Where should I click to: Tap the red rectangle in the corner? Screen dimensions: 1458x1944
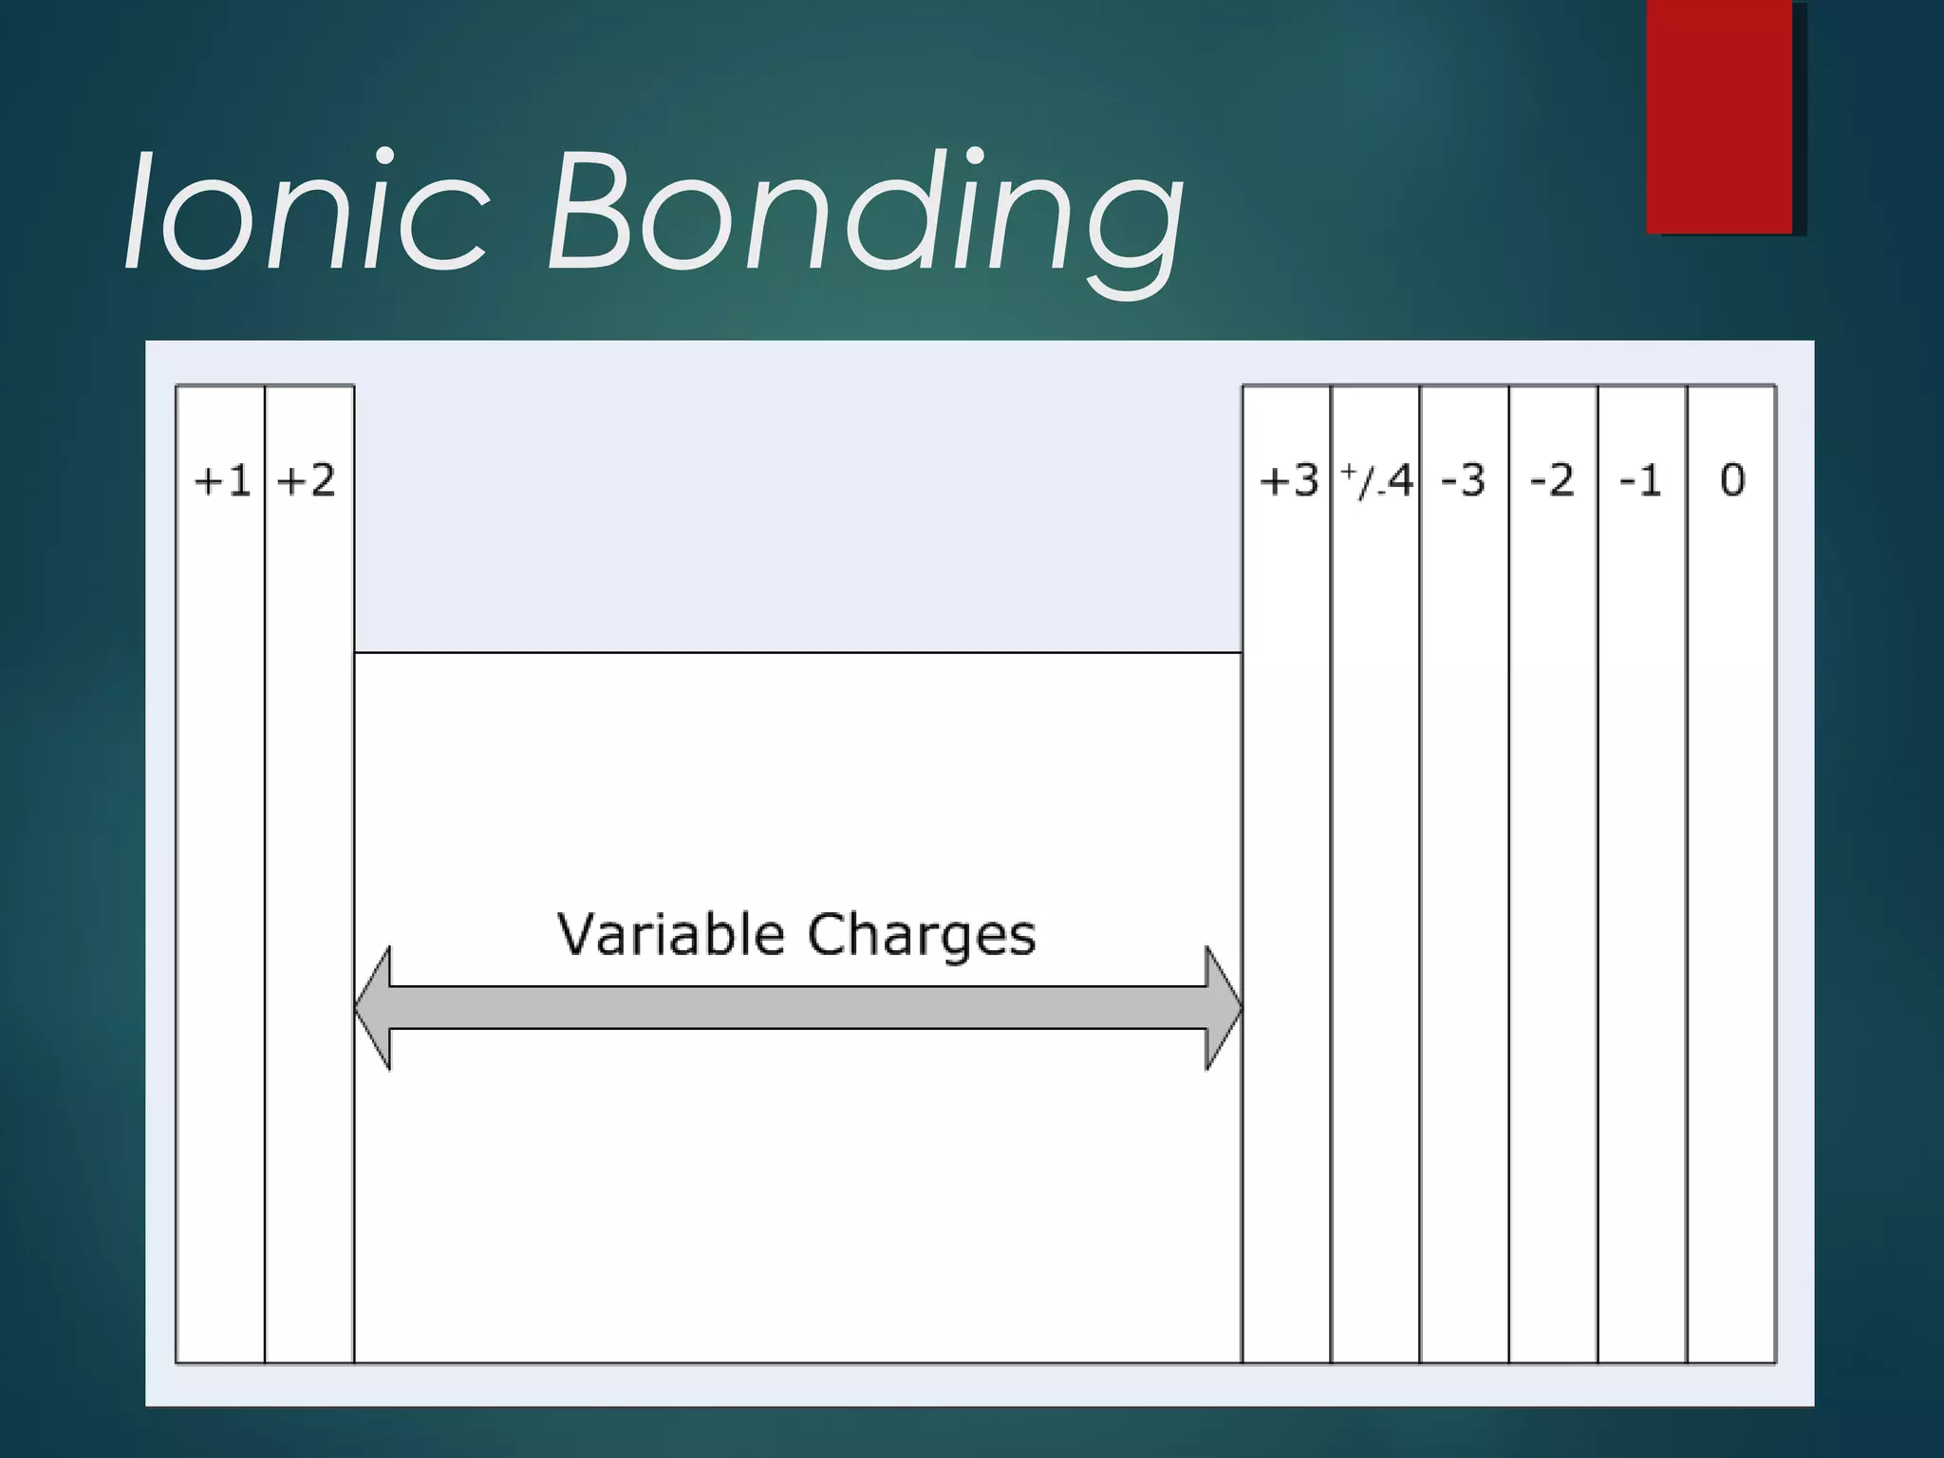click(1719, 116)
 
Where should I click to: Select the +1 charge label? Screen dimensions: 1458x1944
click(221, 481)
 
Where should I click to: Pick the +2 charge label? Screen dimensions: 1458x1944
click(306, 481)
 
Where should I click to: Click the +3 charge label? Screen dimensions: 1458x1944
click(1288, 481)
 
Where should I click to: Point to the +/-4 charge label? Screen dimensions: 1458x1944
click(1376, 481)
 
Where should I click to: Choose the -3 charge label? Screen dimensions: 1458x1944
click(1463, 481)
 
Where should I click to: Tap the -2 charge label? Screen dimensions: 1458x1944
click(1552, 481)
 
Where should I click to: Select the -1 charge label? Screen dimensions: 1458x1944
click(1640, 481)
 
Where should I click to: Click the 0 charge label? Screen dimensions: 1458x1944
click(1732, 481)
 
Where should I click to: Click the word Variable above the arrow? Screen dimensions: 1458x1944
click(670, 934)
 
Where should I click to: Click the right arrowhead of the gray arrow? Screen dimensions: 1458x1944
click(1223, 1008)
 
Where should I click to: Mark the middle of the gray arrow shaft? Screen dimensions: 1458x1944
click(797, 1008)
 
